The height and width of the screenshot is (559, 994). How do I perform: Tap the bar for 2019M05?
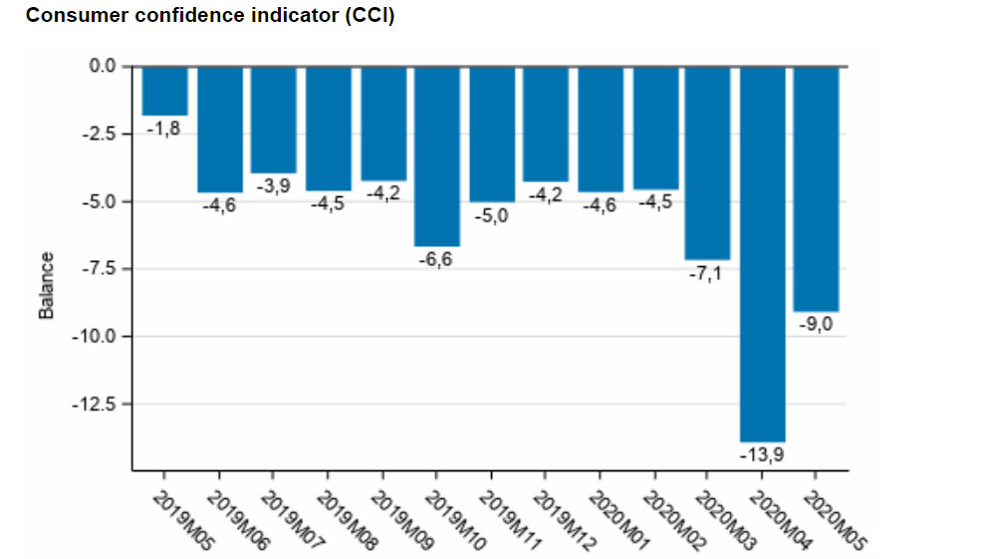tap(164, 91)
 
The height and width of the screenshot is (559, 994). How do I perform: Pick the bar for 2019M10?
tap(436, 155)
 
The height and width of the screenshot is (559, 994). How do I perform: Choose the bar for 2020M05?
tap(816, 188)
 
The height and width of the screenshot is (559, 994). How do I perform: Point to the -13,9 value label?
tap(762, 454)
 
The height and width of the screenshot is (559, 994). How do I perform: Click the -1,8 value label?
tap(164, 129)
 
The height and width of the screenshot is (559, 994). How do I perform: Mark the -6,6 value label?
tap(436, 259)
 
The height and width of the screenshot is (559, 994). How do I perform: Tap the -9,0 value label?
tap(816, 324)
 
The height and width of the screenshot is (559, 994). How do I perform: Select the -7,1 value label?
tap(707, 272)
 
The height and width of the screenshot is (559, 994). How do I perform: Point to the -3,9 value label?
tap(273, 186)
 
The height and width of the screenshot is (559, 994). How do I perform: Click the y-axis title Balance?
tap(46, 286)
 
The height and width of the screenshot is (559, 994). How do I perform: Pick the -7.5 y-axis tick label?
tap(100, 269)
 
